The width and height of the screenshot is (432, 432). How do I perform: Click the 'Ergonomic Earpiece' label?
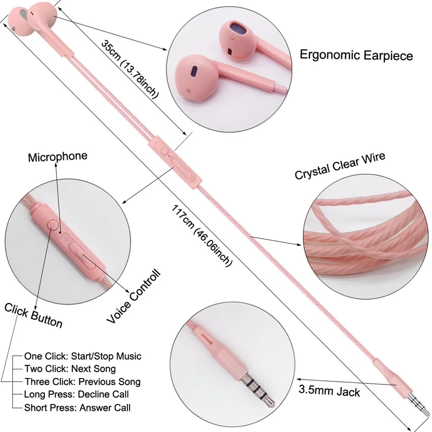[x=356, y=55]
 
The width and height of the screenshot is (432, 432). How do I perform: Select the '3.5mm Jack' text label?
[x=329, y=391]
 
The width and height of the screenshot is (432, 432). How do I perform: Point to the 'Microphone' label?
[x=58, y=157]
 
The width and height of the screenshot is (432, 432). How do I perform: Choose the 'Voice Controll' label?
[x=133, y=296]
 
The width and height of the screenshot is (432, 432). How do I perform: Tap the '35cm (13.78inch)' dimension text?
[x=130, y=69]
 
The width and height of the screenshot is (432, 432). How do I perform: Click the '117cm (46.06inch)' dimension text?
[x=202, y=235]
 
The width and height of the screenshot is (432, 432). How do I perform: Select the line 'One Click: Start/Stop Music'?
[x=83, y=356]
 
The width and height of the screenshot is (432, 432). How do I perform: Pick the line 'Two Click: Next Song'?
[x=70, y=369]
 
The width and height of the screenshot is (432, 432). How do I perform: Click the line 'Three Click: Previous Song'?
[x=83, y=382]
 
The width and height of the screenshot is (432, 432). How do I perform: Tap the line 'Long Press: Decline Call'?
[x=76, y=394]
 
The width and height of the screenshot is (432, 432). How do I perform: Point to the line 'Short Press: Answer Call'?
[x=77, y=408]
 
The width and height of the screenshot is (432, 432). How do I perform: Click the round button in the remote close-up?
[x=53, y=225]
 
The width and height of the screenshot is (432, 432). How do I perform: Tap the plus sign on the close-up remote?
[x=66, y=239]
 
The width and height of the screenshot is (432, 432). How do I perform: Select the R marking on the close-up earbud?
[x=189, y=90]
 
